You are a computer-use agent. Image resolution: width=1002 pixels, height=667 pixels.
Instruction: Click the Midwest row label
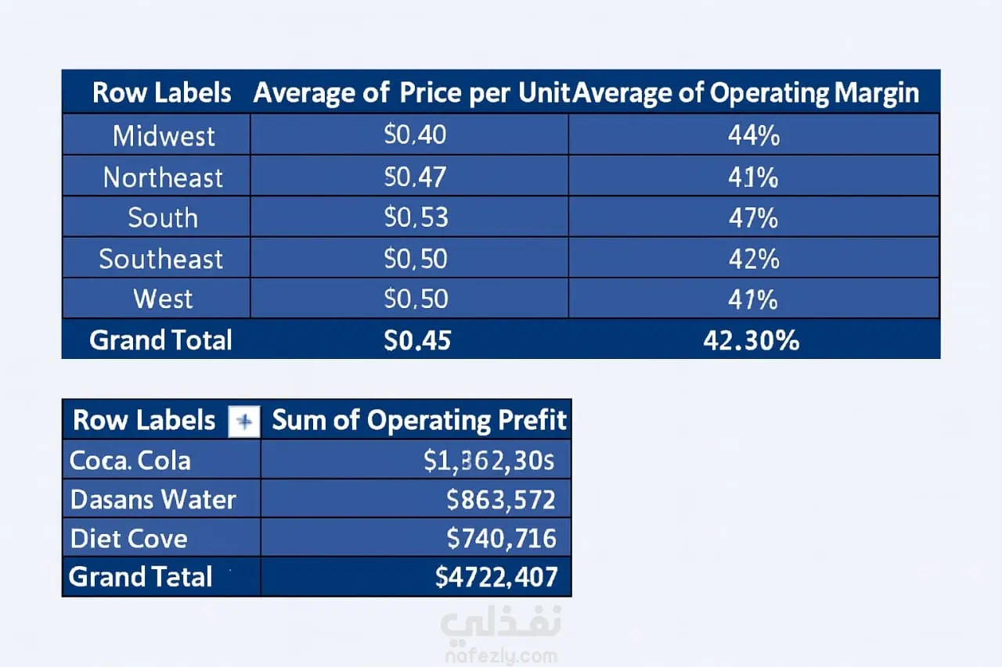point(164,136)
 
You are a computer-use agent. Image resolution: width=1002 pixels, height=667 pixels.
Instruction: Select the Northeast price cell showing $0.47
point(415,177)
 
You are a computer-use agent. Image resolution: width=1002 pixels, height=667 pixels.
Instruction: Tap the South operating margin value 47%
point(753,218)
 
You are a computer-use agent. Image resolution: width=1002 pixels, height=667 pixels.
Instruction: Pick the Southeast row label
point(161,259)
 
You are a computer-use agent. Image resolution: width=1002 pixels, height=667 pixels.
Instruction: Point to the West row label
point(163,299)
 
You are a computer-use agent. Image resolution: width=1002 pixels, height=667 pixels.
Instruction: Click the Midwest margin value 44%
point(753,136)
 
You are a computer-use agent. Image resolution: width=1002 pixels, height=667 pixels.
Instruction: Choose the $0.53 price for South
point(416,218)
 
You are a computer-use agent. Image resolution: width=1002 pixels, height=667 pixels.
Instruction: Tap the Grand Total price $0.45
point(417,340)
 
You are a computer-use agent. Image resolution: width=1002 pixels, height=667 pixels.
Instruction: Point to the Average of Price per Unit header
point(412,93)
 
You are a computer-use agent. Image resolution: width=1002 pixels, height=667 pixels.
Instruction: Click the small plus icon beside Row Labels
point(244,422)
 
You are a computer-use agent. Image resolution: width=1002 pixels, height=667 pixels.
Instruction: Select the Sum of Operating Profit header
point(419,421)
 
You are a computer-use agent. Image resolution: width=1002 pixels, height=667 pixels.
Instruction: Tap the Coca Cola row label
point(130,461)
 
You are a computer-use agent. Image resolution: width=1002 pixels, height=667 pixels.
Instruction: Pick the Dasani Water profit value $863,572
point(500,499)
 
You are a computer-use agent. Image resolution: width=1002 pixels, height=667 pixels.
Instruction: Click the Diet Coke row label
point(129,539)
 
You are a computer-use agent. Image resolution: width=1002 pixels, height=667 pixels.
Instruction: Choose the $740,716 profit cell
point(501,538)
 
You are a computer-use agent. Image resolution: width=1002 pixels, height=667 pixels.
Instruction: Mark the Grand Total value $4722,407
point(496,577)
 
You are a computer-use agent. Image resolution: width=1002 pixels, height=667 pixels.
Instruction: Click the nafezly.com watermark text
point(500,656)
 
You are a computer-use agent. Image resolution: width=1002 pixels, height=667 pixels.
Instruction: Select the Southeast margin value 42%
point(753,259)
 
